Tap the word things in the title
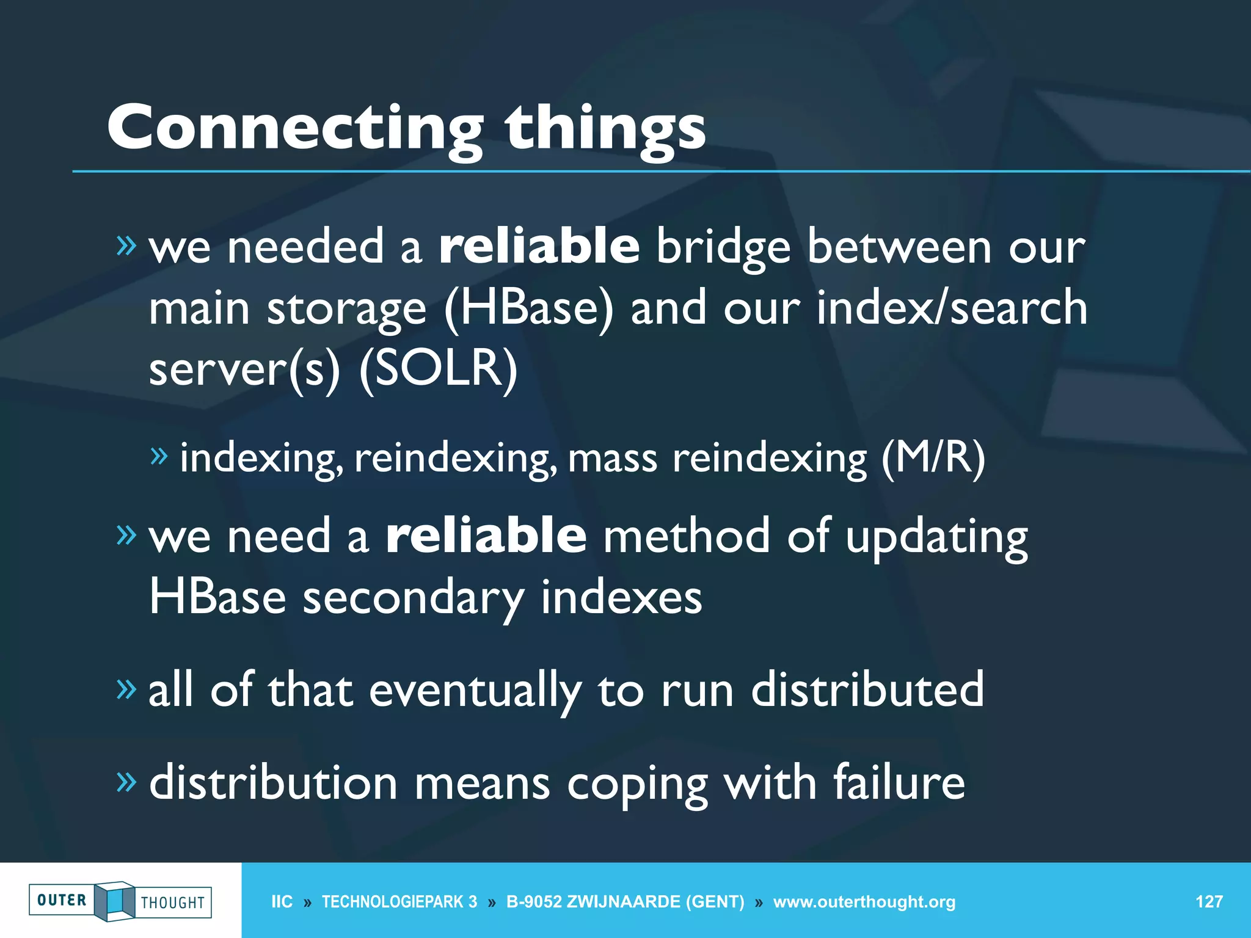pyautogui.click(x=605, y=129)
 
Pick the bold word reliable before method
pyautogui.click(x=486, y=535)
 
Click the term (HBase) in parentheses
pyautogui.click(x=528, y=308)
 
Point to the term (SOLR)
pyautogui.click(x=438, y=369)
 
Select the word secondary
pyautogui.click(x=414, y=597)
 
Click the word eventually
pyautogui.click(x=475, y=690)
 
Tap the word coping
pyautogui.click(x=637, y=785)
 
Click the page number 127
pyautogui.click(x=1208, y=902)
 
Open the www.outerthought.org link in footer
pyautogui.click(x=864, y=902)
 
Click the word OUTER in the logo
pyautogui.click(x=62, y=900)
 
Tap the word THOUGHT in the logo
pyautogui.click(x=173, y=903)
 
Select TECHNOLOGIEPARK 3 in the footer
pyautogui.click(x=399, y=902)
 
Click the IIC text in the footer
pyautogui.click(x=282, y=902)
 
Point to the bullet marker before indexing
pyautogui.click(x=158, y=456)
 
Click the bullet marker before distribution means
pyautogui.click(x=126, y=781)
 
